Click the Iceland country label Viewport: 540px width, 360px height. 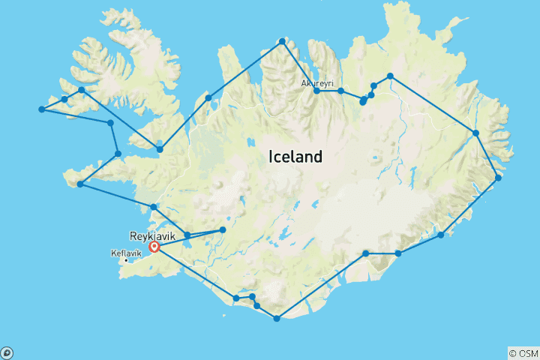coord(295,157)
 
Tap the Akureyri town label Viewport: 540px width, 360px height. coord(317,83)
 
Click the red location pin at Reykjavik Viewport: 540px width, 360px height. coord(154,247)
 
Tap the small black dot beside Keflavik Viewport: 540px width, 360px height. coord(126,260)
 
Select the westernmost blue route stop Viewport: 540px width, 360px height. coord(41,109)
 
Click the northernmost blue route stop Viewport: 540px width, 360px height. coord(282,41)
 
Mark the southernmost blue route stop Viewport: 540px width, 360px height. coord(277,319)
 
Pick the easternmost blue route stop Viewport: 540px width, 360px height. coord(498,178)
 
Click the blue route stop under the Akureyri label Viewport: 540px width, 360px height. coord(317,91)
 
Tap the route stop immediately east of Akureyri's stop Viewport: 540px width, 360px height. coord(340,91)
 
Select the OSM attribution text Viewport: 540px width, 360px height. coord(526,353)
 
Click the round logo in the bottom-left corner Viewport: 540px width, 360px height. coord(7,352)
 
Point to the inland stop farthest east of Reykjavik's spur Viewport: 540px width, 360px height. coord(223,229)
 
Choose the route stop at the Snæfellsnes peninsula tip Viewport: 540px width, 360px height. coord(79,184)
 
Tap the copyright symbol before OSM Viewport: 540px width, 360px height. coord(513,353)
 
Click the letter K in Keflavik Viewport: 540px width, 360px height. coord(112,253)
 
